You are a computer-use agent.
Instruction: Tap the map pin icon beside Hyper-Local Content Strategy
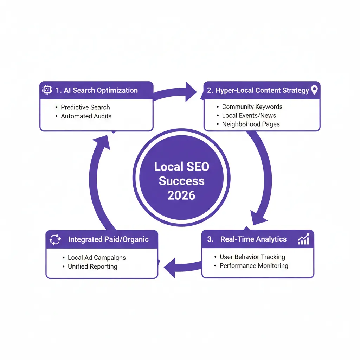(314, 90)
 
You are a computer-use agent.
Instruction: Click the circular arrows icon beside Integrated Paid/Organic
(55, 240)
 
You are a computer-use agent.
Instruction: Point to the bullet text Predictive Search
(85, 107)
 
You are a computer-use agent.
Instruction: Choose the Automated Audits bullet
(86, 116)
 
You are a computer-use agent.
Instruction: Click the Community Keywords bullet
(252, 107)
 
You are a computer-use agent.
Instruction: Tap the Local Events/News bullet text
(249, 115)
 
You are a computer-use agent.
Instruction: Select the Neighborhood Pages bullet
(251, 124)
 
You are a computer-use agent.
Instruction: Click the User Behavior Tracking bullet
(252, 257)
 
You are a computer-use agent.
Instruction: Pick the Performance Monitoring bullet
(254, 266)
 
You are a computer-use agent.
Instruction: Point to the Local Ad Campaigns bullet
(97, 258)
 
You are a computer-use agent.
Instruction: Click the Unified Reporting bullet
(92, 266)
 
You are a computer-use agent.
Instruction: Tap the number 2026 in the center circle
(181, 195)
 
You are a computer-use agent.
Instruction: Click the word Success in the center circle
(181, 181)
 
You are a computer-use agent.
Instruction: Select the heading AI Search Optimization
(97, 90)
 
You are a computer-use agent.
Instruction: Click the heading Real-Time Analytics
(253, 239)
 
